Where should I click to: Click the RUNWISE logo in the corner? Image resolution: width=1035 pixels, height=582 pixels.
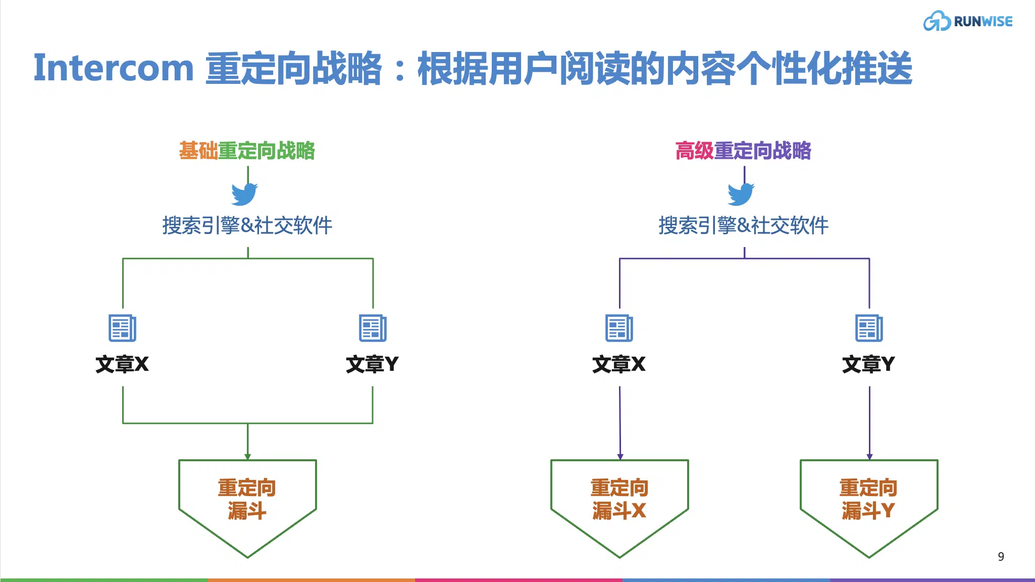click(968, 21)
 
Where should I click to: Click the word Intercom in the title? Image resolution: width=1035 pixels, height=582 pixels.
click(114, 68)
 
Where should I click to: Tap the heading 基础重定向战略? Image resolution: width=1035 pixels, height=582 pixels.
click(247, 151)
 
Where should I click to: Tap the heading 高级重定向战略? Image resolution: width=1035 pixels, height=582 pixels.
click(743, 151)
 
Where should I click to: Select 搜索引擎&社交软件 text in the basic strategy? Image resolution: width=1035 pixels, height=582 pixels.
click(247, 225)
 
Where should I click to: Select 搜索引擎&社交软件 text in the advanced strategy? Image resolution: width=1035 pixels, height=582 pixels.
click(744, 225)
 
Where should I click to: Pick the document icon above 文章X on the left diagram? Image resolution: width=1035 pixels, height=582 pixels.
click(123, 328)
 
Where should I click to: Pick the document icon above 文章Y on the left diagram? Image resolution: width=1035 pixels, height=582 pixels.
click(373, 328)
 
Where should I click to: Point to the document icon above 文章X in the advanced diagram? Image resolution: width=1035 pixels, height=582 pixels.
click(619, 328)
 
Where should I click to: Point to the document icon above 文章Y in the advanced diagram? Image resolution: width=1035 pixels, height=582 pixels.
click(869, 328)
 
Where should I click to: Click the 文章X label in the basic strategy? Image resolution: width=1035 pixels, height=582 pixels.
click(122, 364)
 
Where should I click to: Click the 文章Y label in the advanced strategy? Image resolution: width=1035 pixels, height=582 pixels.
click(868, 364)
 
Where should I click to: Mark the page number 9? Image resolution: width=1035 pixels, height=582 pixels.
click(1001, 557)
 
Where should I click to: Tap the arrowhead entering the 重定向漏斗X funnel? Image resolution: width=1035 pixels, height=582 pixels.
click(620, 457)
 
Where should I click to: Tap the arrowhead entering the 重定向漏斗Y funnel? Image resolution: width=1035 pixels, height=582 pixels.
click(869, 457)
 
